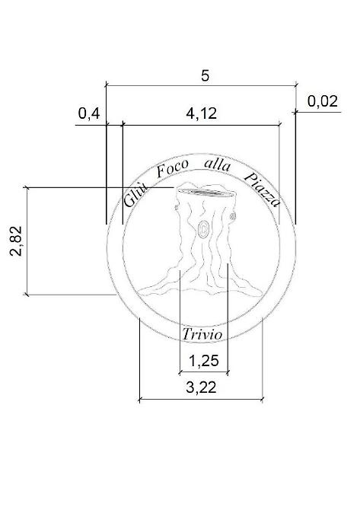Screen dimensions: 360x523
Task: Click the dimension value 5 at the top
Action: pyautogui.click(x=205, y=75)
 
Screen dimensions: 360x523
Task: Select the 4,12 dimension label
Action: pyautogui.click(x=201, y=113)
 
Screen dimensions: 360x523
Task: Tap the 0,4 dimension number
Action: pyautogui.click(x=88, y=113)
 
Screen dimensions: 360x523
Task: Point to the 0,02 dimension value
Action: pyautogui.click(x=323, y=101)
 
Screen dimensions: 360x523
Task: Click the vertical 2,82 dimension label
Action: pyautogui.click(x=16, y=241)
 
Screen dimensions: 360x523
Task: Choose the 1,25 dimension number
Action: pyautogui.click(x=204, y=361)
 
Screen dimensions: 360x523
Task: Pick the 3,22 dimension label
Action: pyautogui.click(x=201, y=387)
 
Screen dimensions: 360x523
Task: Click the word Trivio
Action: pyautogui.click(x=202, y=334)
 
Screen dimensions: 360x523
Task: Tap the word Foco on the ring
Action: pyautogui.click(x=172, y=168)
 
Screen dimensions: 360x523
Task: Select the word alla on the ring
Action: pyautogui.click(x=217, y=164)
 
